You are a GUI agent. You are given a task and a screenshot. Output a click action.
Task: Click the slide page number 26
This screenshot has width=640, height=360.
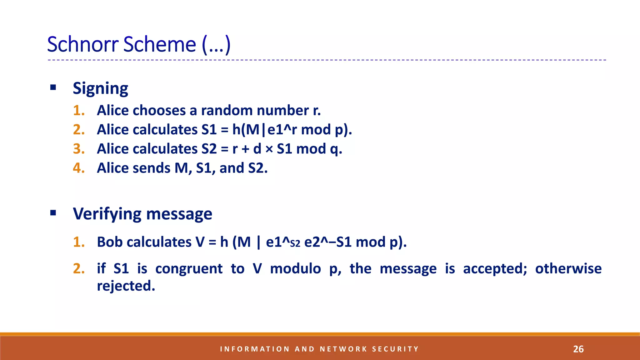[x=578, y=349]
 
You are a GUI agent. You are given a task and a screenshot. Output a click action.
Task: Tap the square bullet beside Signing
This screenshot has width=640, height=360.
[x=53, y=87]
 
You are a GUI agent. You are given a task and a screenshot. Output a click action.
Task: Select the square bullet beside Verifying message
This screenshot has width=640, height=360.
[x=53, y=213]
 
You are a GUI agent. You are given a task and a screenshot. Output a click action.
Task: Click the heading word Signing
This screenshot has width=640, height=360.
[x=100, y=89]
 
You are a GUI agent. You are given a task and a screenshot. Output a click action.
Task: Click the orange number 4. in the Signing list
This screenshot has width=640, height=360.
[x=79, y=168]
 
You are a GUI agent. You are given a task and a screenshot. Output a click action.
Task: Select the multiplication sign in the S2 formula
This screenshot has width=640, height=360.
[x=269, y=149]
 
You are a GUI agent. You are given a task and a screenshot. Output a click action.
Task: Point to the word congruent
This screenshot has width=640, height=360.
[x=189, y=269]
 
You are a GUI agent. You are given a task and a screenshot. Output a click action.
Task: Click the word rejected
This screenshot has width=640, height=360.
[x=126, y=286]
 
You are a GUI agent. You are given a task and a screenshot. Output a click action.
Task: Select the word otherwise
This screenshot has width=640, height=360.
[x=568, y=269]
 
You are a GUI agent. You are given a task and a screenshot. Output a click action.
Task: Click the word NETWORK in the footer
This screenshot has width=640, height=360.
[x=343, y=349]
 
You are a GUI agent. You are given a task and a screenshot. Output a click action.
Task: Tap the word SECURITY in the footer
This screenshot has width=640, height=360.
[x=395, y=349]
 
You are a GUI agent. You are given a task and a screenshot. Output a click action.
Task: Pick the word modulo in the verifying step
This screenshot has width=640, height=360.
[x=295, y=269]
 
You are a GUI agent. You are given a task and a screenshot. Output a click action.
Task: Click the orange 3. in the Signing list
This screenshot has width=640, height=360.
[x=79, y=149]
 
